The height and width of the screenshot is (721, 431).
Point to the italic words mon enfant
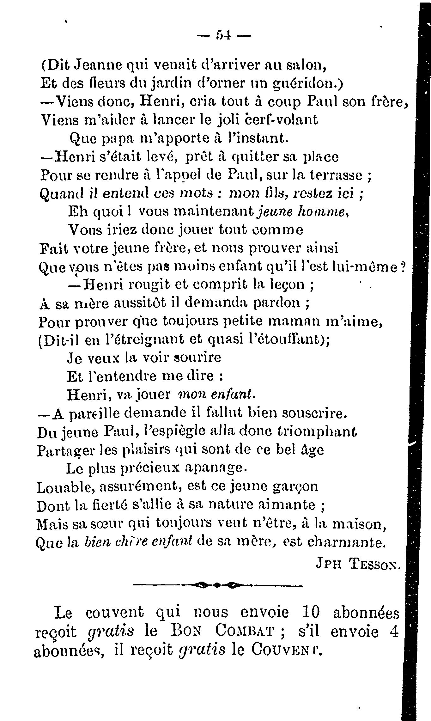pos(217,394)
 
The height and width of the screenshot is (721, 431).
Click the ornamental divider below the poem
pos(218,586)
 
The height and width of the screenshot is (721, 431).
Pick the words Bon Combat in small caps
pos(219,632)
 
